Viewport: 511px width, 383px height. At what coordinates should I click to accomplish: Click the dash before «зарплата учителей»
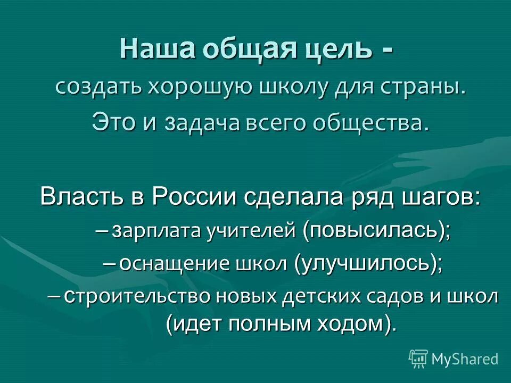[103, 230]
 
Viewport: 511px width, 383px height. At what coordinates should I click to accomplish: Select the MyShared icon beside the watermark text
[418, 359]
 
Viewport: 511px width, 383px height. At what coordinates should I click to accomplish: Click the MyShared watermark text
[465, 359]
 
